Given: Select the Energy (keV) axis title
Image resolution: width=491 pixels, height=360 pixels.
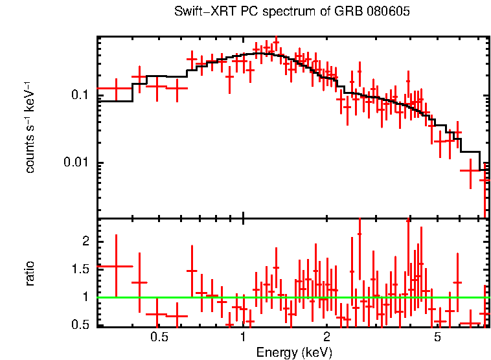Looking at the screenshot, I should click(294, 353).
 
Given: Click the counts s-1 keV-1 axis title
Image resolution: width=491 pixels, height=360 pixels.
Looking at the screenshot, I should click(30, 126).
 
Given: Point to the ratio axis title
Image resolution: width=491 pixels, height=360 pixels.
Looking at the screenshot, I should click(30, 273).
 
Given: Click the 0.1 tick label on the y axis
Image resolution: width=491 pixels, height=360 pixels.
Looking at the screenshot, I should click(78, 95).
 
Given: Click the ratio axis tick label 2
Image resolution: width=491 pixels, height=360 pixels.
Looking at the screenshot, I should click(84, 241).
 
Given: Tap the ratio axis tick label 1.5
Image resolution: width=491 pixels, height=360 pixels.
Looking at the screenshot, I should click(79, 269).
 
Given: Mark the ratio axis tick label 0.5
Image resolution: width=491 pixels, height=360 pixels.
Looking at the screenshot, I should click(79, 324).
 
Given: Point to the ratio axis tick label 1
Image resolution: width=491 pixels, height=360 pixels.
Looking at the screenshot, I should click(84, 297).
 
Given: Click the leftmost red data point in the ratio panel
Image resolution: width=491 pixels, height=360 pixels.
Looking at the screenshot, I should click(116, 266).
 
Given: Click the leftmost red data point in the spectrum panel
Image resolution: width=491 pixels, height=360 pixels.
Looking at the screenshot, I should click(116, 88).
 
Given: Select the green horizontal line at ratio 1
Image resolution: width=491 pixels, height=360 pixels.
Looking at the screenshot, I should click(291, 297).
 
